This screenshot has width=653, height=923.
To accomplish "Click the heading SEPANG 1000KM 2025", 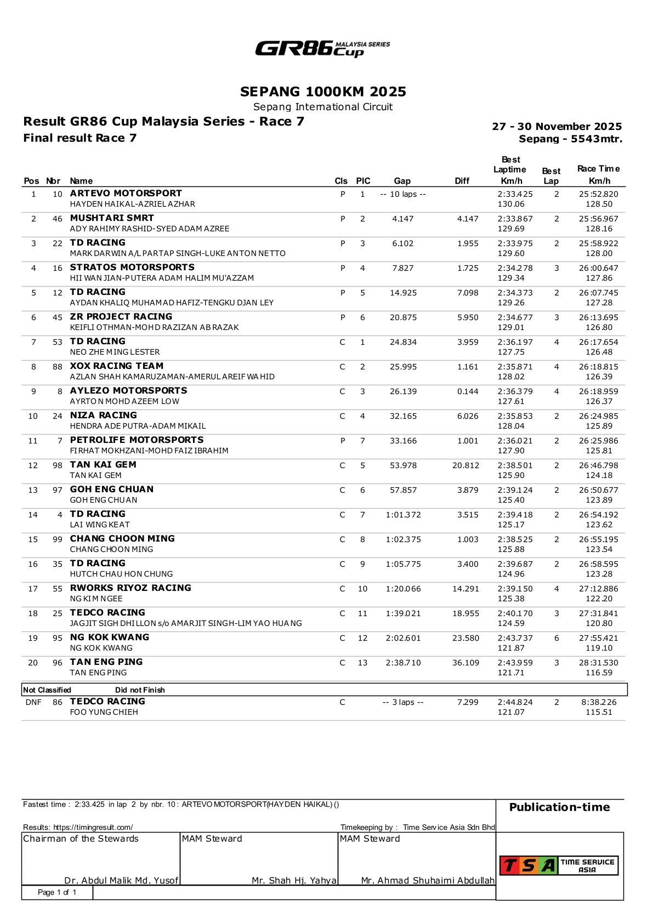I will pyautogui.click(x=323, y=91).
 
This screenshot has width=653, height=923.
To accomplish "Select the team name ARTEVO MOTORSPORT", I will pyautogui.click(x=126, y=193).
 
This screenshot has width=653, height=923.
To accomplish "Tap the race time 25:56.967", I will pyautogui.click(x=598, y=219).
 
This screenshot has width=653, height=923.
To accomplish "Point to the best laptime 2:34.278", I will pyautogui.click(x=515, y=268).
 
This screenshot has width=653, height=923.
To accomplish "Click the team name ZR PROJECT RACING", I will pyautogui.click(x=121, y=317).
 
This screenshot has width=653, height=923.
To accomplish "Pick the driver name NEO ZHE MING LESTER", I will pyautogui.click(x=115, y=352).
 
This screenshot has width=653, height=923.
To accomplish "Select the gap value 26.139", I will pyautogui.click(x=403, y=391).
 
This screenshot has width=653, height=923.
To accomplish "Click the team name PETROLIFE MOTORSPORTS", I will pyautogui.click(x=137, y=440).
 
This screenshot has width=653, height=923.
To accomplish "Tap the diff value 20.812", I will pyautogui.click(x=465, y=465).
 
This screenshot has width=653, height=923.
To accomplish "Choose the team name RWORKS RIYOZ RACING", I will pyautogui.click(x=130, y=588).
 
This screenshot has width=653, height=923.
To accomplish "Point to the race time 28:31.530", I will pyautogui.click(x=598, y=663).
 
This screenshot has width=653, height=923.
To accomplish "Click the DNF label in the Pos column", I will pyautogui.click(x=33, y=702).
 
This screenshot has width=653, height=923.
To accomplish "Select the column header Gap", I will pyautogui.click(x=402, y=181).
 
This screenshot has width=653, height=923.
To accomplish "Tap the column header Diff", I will pyautogui.click(x=462, y=181).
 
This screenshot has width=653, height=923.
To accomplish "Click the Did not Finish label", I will pyautogui.click(x=140, y=690).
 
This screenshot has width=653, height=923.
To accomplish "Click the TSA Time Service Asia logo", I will pyautogui.click(x=559, y=865).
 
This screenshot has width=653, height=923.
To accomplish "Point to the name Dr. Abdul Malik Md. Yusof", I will pyautogui.click(x=121, y=881).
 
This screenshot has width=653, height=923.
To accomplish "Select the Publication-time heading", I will pyautogui.click(x=559, y=807).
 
